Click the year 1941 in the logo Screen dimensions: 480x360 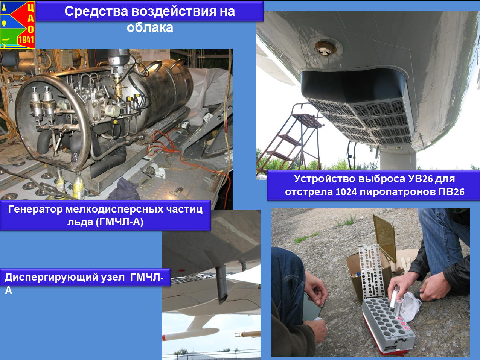click(x=26, y=40)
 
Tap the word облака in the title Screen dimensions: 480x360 click(x=150, y=27)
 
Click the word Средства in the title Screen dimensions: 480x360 click(x=96, y=11)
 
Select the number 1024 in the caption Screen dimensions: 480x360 click(x=346, y=192)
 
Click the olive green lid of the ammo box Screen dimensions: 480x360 click(x=385, y=238)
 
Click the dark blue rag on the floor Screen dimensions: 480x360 click(x=128, y=190)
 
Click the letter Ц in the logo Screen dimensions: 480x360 click(x=30, y=8)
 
